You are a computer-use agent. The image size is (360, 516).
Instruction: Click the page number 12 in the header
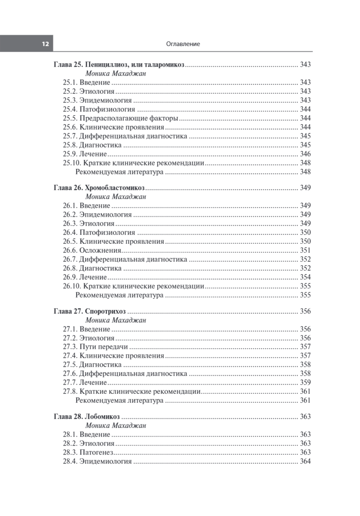44,44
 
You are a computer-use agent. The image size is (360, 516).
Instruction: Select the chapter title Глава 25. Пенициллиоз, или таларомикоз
119,64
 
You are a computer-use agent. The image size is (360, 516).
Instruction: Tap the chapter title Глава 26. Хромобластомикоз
99,187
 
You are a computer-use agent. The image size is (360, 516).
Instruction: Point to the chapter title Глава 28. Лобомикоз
86,417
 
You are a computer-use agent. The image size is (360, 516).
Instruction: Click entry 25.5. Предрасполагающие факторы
121,118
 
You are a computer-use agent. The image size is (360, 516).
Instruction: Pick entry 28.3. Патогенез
89,452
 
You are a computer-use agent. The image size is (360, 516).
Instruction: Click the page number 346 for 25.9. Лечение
305,154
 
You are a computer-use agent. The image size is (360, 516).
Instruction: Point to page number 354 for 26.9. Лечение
305,277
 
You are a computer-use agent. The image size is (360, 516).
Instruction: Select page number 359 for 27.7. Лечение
305,382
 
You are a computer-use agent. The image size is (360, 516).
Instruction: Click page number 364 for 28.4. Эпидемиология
305,462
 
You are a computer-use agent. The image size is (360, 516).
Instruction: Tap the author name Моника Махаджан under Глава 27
116,320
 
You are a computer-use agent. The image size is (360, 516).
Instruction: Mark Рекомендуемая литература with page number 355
119,295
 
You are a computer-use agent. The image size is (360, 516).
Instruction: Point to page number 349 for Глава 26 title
305,188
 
